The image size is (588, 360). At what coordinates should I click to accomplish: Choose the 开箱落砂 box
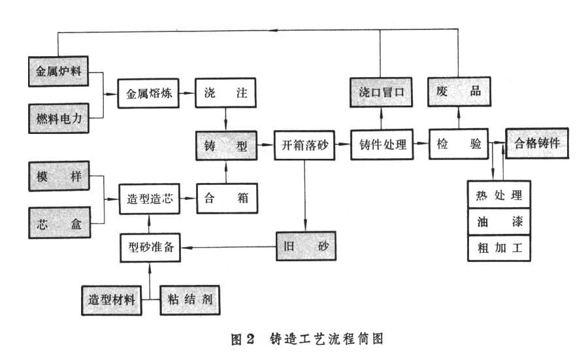tap(304, 145)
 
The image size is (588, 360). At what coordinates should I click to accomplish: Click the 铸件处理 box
tap(382, 145)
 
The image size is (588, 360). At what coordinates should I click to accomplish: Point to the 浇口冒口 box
tap(382, 93)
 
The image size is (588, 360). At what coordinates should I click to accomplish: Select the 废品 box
tap(459, 93)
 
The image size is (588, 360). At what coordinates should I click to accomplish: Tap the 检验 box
tap(459, 145)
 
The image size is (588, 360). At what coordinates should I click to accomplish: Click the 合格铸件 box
tap(537, 144)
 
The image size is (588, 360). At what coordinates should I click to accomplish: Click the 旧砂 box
tap(303, 247)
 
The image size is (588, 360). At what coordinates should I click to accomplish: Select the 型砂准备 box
tap(150, 247)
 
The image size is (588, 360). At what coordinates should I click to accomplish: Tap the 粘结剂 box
tap(189, 301)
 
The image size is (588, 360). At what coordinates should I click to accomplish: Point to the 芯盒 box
tap(59, 223)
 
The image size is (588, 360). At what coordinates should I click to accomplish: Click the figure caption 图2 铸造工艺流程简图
tap(306, 338)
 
